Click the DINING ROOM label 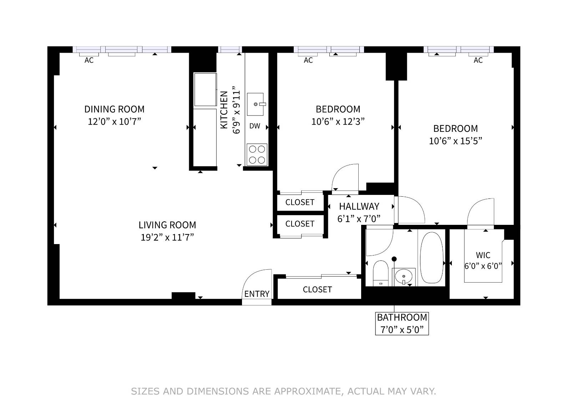[114, 109]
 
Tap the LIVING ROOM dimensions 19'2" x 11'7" [167, 237]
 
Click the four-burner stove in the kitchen [257, 154]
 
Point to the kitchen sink [256, 104]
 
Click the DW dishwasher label [254, 126]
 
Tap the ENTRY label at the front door [257, 294]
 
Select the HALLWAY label [359, 206]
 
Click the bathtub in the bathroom [431, 257]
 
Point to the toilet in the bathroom [380, 273]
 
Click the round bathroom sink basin [404, 276]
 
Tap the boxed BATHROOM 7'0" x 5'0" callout [402, 324]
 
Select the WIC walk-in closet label [483, 255]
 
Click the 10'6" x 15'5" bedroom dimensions [455, 141]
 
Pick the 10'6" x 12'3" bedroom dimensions [338, 122]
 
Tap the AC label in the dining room [89, 61]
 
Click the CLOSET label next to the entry [317, 290]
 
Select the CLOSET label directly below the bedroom [300, 202]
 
